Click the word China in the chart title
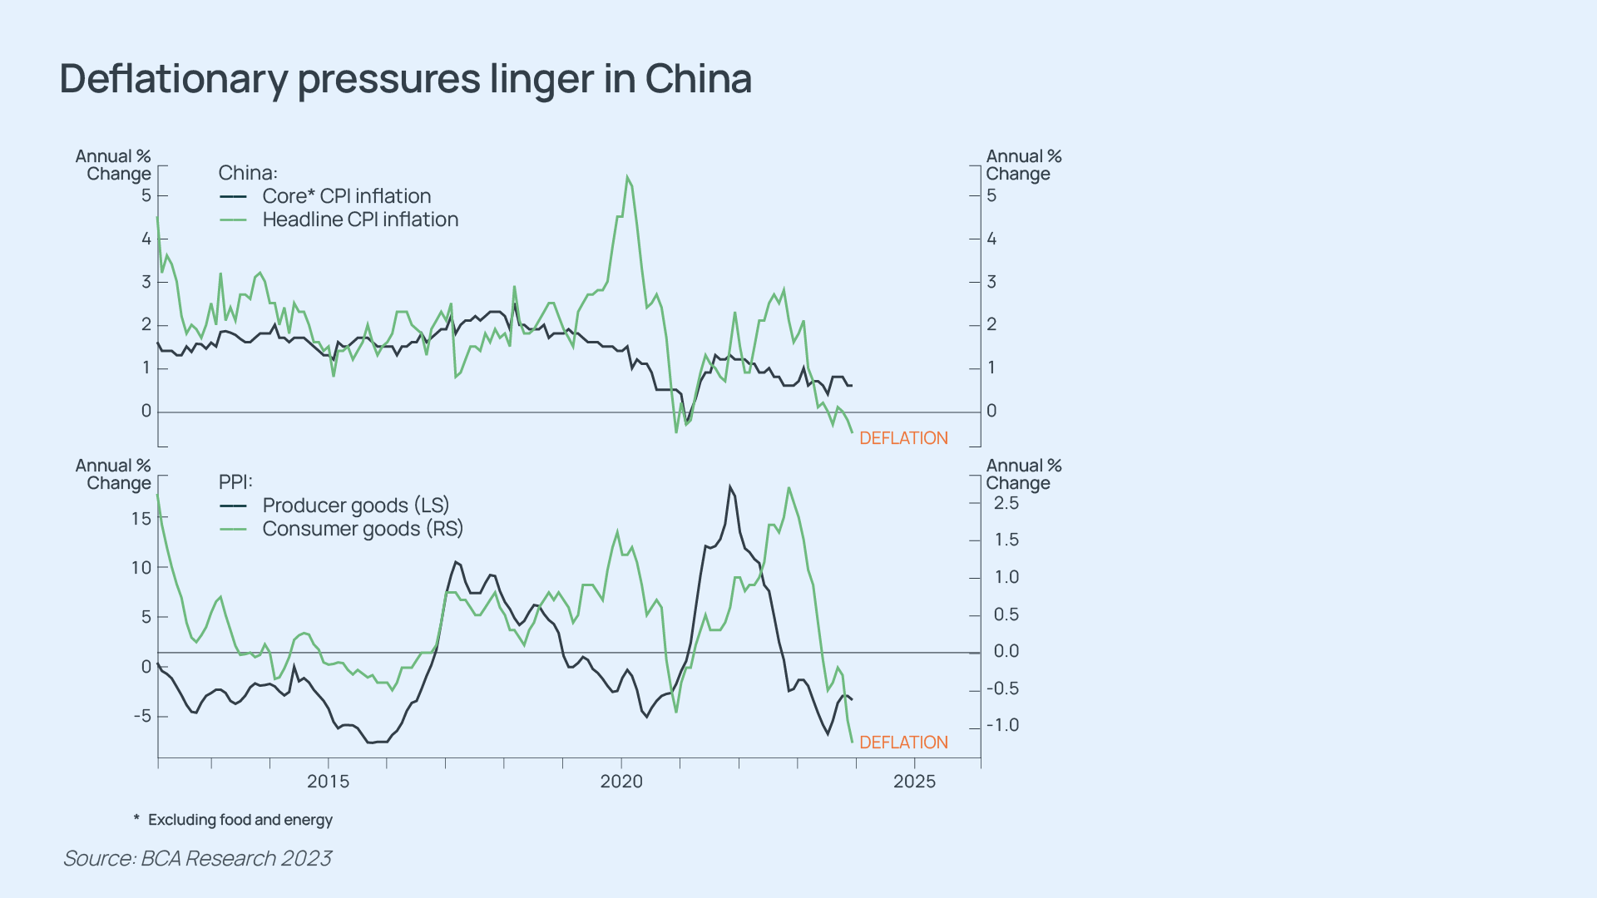(x=698, y=79)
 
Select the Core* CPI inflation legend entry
(x=346, y=196)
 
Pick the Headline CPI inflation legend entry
(x=360, y=220)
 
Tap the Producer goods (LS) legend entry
(x=355, y=506)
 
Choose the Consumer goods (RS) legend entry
(x=362, y=529)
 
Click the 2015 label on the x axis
(x=328, y=782)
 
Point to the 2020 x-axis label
(x=621, y=782)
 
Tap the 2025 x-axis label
(x=914, y=782)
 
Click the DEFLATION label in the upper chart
(x=903, y=438)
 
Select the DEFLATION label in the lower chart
(x=903, y=743)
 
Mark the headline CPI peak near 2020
(x=627, y=177)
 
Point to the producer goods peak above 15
(x=730, y=487)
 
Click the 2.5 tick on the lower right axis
(x=1006, y=503)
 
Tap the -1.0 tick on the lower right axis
(x=1002, y=725)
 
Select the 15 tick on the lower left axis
(x=141, y=519)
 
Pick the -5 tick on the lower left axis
(x=142, y=716)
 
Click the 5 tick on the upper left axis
(x=146, y=195)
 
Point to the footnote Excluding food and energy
(x=240, y=820)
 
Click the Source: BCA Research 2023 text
(x=197, y=858)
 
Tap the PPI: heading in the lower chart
(x=235, y=482)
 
